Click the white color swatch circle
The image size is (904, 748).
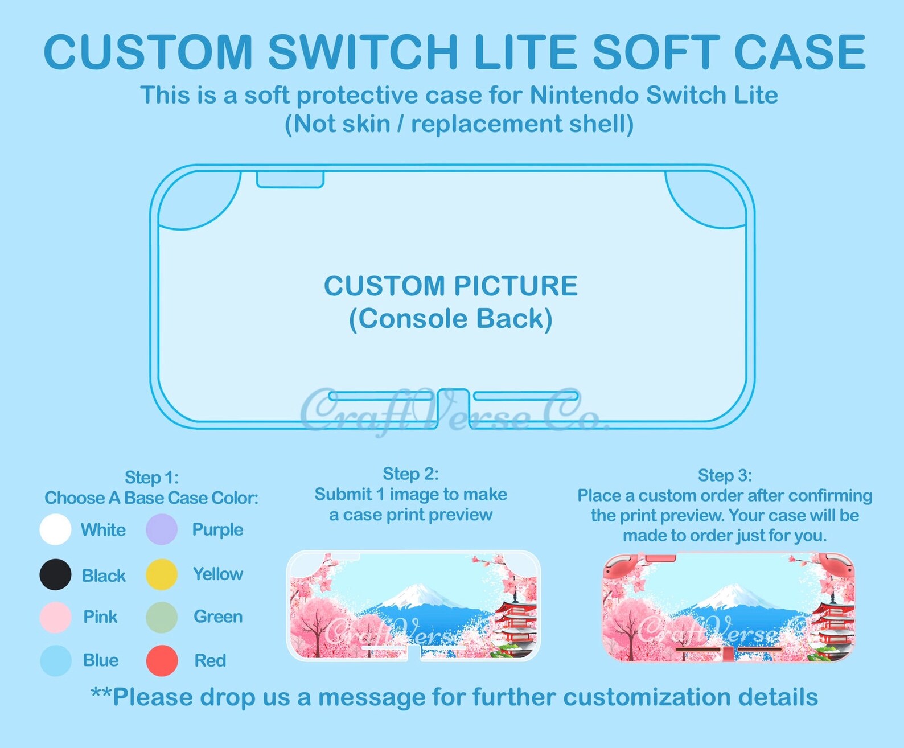[x=55, y=529]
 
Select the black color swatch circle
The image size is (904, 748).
[x=55, y=574]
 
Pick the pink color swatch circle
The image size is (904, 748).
[x=55, y=617]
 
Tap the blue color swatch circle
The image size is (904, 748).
[x=55, y=660]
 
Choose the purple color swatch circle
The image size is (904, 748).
[x=162, y=529]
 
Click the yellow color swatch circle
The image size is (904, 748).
[x=162, y=574]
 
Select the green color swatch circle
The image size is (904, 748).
[x=162, y=617]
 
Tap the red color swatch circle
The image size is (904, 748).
[x=162, y=660]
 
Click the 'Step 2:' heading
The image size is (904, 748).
[x=410, y=474]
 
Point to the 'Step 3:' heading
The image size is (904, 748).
[x=725, y=475]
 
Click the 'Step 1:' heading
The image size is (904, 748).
[x=151, y=477]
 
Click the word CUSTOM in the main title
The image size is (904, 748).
[x=148, y=52]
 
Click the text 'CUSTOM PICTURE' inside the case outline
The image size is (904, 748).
[x=450, y=286]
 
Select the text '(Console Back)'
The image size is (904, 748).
[x=450, y=319]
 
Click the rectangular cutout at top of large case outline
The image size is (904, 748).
[x=290, y=179]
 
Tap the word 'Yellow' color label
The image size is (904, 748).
[x=217, y=574]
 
